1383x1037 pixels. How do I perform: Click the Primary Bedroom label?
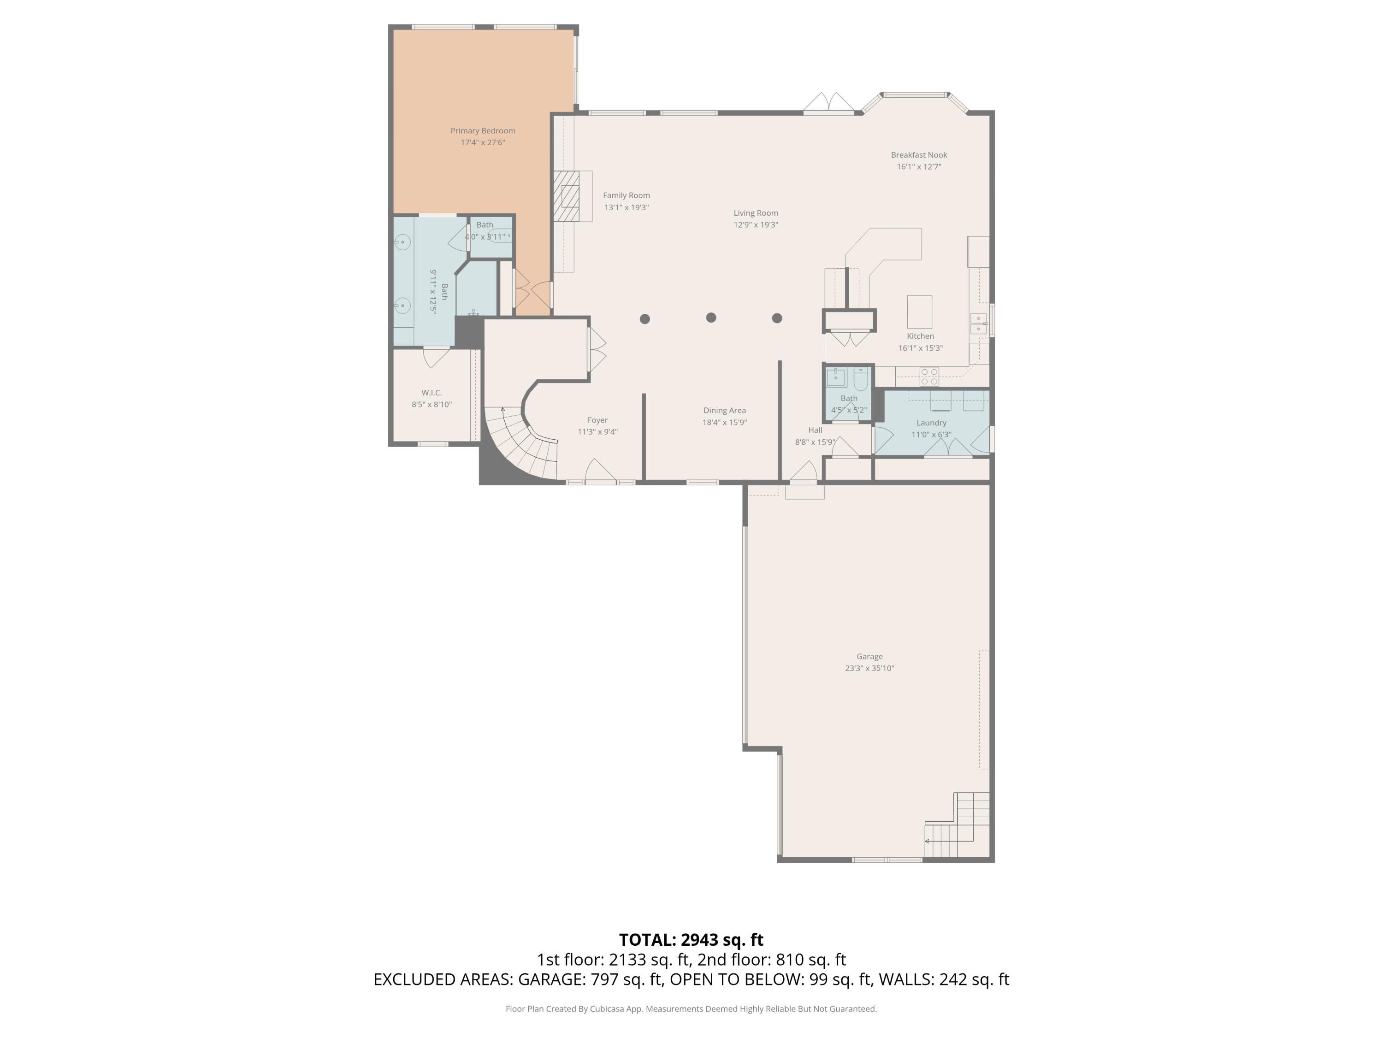coord(483,130)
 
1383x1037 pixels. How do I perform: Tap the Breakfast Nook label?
coord(918,155)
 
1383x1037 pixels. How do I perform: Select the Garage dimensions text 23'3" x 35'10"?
coord(869,668)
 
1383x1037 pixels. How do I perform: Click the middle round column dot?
coord(711,318)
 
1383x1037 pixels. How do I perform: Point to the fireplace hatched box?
coord(567,196)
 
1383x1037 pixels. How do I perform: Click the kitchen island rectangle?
coord(919,311)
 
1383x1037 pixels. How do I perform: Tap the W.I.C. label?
coord(431,393)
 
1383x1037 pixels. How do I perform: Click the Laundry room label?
coord(931,423)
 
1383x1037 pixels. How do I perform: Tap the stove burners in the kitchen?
coord(928,376)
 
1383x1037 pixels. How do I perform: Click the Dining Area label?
coord(724,411)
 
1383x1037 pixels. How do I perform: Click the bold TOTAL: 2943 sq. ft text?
coord(691,939)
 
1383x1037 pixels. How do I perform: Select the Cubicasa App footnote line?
coord(691,1008)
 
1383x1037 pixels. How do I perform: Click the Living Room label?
coord(755,213)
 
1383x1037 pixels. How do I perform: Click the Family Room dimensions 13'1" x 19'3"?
coord(626,207)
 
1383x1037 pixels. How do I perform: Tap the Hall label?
coord(815,430)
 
